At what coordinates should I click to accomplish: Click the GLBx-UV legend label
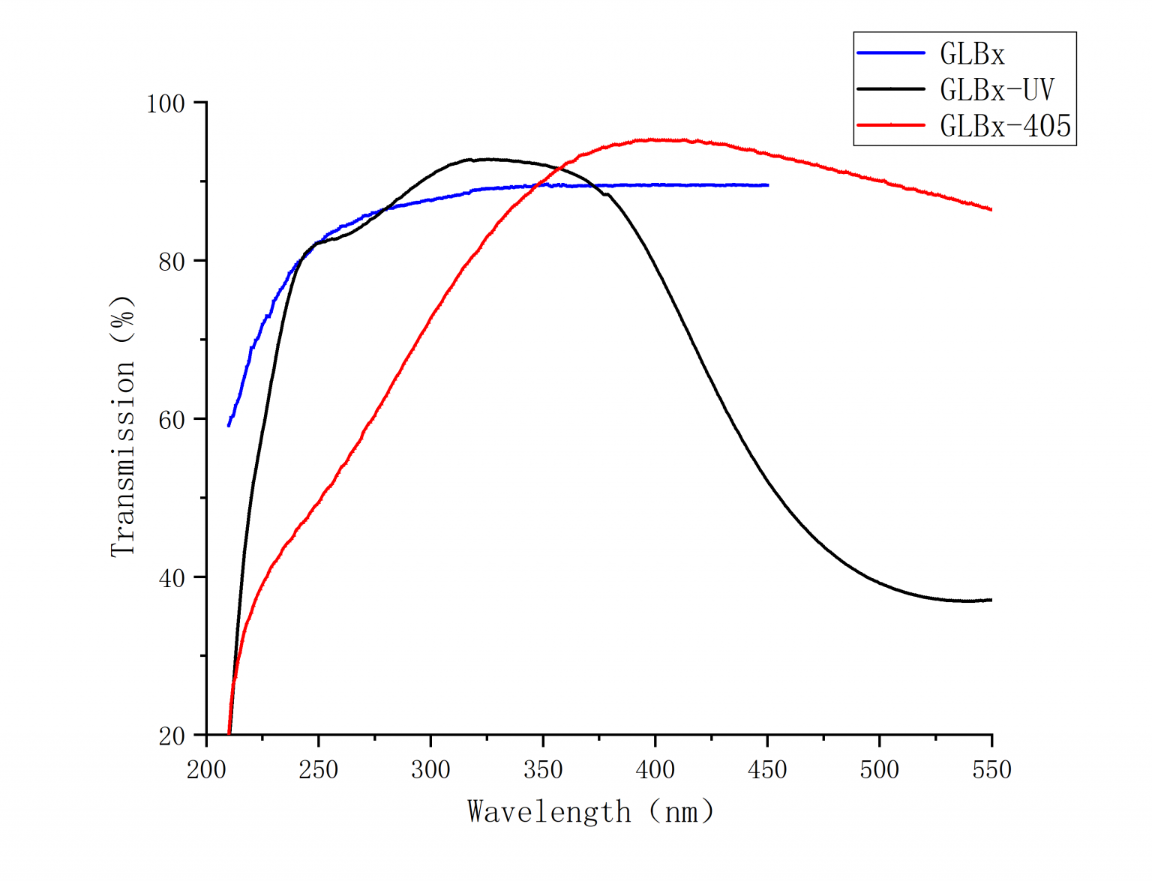coord(997,90)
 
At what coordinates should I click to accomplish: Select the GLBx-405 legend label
coord(1005,126)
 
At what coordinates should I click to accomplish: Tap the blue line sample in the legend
coord(891,53)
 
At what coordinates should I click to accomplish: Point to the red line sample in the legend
coord(891,125)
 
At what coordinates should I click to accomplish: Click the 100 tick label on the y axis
coord(166,103)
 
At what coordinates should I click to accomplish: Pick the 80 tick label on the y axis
coord(172,262)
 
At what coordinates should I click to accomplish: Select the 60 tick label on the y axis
coord(172,420)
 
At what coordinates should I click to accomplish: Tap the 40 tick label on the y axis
coord(172,578)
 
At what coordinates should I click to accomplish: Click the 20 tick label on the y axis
coord(172,736)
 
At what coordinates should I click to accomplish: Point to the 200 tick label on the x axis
coord(206,770)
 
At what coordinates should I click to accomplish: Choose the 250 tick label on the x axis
coord(319,770)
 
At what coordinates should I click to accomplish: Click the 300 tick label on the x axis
coord(430,770)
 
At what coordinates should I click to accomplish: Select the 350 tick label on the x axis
coord(543,770)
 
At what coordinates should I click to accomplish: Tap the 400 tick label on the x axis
coord(655,770)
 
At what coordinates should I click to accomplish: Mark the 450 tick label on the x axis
coord(767,770)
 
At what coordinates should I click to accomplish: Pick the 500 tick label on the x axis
coord(880,770)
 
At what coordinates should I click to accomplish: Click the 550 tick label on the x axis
coord(991,770)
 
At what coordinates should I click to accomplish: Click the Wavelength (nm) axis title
coord(591,812)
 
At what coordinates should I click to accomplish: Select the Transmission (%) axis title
coord(123,425)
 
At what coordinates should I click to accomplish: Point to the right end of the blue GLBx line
coord(767,185)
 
